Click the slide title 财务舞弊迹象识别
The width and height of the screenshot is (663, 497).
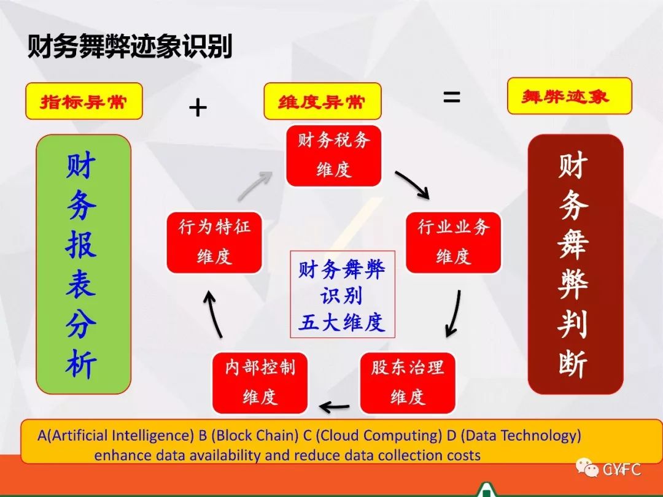pos(130,46)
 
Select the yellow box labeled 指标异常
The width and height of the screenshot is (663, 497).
pos(84,101)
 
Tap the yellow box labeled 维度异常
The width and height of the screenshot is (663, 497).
pos(323,101)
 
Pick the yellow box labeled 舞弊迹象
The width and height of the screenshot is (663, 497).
pos(569,96)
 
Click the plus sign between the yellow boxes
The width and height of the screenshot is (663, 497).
pos(198,107)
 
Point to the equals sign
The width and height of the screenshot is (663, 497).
pos(452,97)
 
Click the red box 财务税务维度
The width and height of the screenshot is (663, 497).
pos(333,155)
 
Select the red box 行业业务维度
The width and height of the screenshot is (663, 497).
pos(453,242)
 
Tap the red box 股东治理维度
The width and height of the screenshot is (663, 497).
pos(408,383)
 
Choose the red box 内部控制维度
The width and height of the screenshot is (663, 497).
pos(260,383)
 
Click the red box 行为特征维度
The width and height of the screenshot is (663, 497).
pos(214,242)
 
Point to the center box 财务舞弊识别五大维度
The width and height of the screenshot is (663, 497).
pos(343,295)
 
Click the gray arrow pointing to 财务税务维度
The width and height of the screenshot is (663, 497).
pos(255,185)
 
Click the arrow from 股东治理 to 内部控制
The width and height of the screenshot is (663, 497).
pos(335,407)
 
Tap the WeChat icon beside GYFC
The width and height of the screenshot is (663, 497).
pos(587,468)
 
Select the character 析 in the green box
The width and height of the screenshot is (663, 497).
pos(81,363)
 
